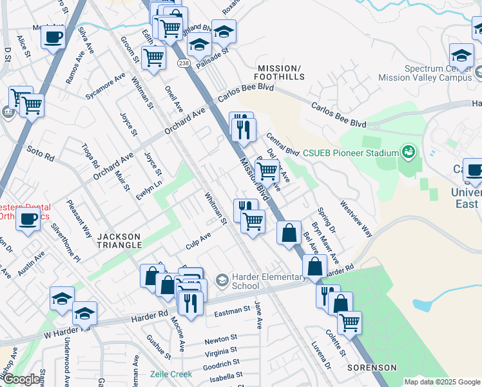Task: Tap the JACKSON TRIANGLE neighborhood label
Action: point(119,241)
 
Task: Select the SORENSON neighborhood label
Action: point(372,367)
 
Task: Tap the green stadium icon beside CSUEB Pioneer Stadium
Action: point(407,153)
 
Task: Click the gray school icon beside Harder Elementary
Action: point(222,279)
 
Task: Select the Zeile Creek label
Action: point(171,374)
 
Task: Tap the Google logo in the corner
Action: point(21,379)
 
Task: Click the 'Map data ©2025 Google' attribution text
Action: point(442,382)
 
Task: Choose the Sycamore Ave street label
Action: point(106,86)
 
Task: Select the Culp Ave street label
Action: point(198,239)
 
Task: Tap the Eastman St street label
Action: point(231,310)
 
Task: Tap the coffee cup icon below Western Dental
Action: point(28,219)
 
